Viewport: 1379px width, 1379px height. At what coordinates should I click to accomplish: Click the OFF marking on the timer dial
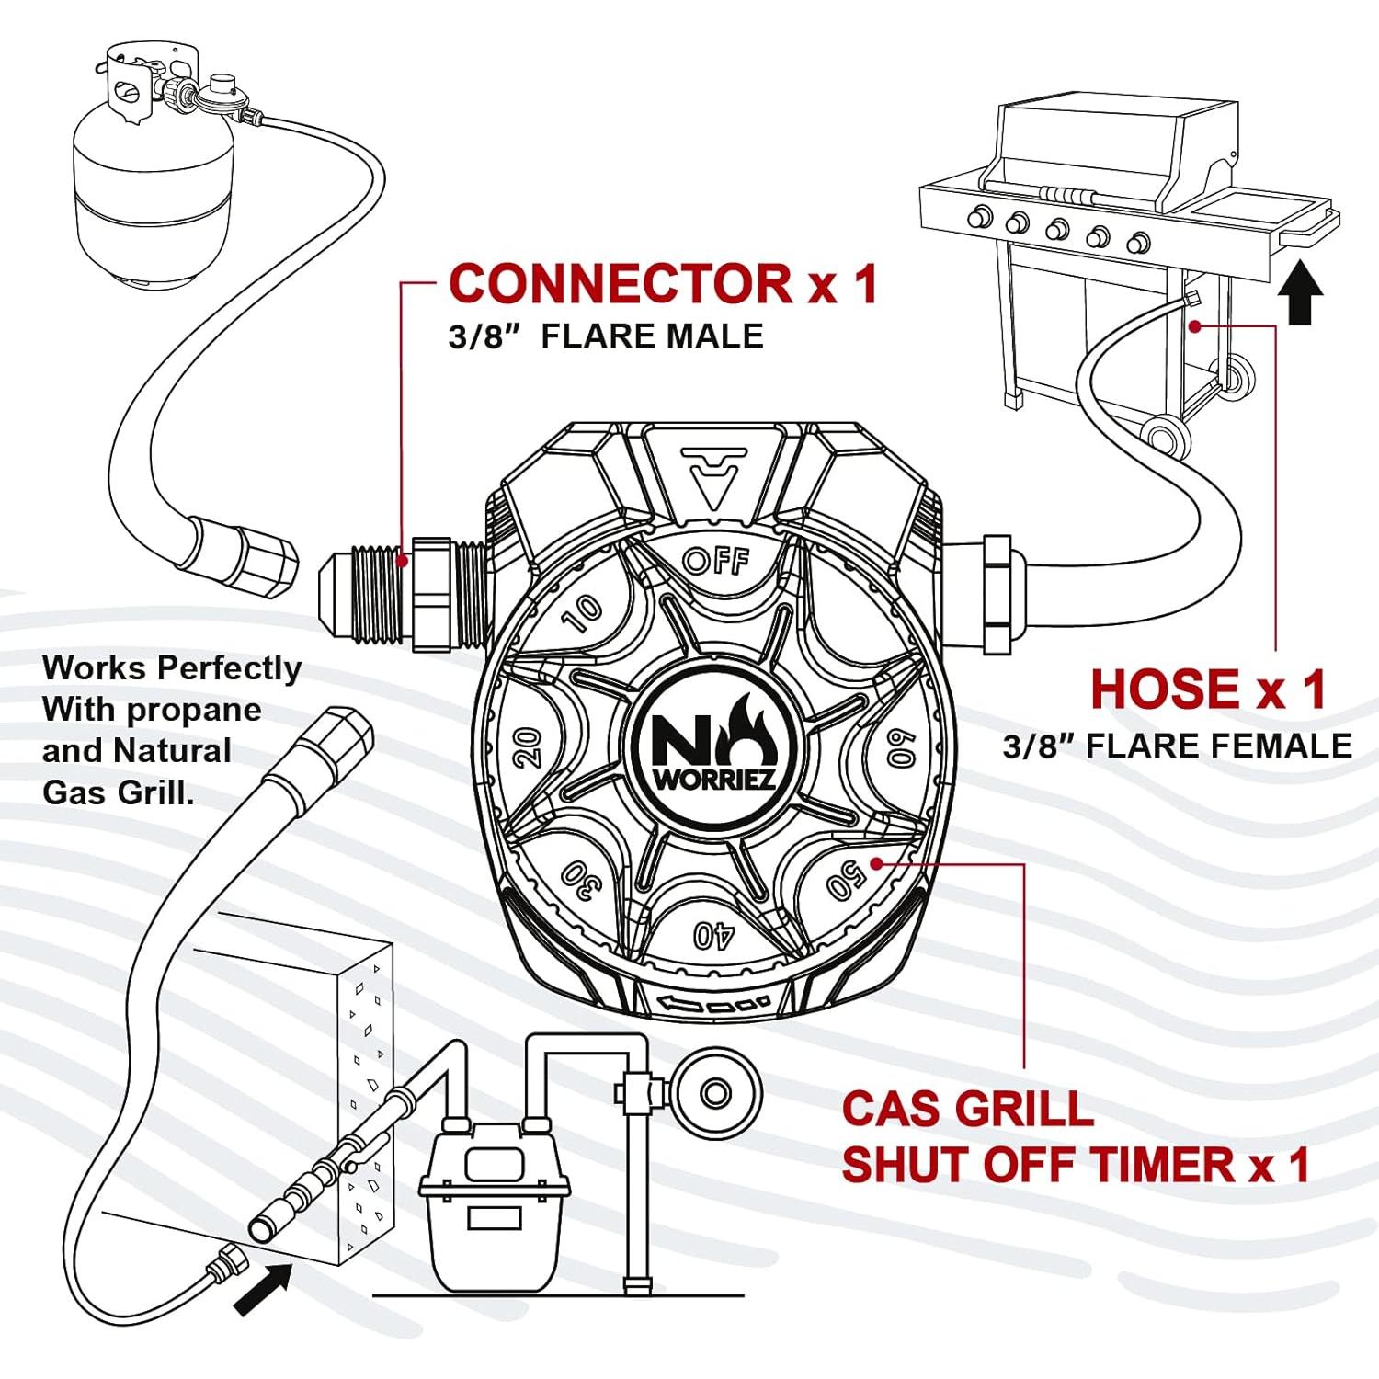pos(716,560)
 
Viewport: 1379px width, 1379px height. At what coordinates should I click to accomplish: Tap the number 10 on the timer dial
pos(582,613)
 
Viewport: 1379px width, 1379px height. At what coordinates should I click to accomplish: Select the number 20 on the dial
pos(527,748)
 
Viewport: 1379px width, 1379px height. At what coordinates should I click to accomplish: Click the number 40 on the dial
pos(713,935)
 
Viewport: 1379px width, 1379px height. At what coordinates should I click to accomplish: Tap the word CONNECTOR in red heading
pos(621,283)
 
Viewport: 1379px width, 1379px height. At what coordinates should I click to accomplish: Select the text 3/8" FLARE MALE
pos(606,336)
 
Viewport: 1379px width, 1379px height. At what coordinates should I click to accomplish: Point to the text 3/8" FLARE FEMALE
pos(1177,746)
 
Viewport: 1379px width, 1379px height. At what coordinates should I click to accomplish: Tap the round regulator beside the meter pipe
pos(715,1094)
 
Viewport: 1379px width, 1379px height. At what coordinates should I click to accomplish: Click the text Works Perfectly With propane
pos(171,689)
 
